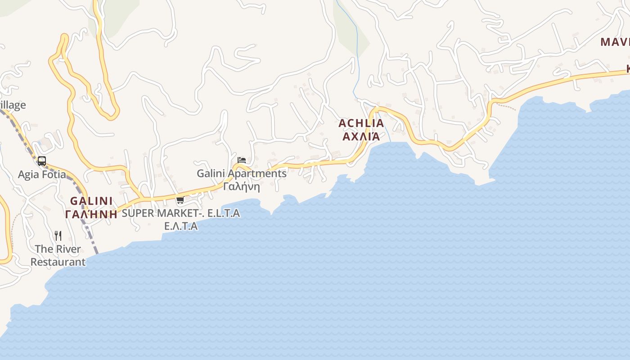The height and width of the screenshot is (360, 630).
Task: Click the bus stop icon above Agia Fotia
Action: coord(42,161)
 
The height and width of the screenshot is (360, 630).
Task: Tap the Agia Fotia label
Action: coord(42,175)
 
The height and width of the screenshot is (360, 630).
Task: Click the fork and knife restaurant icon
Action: coord(58,236)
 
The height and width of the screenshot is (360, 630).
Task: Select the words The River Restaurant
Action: coord(58,255)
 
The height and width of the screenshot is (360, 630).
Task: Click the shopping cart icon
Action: coord(180,200)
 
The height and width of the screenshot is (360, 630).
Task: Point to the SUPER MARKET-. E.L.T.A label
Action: coord(180,213)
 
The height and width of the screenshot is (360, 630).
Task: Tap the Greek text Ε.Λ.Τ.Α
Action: coord(181,226)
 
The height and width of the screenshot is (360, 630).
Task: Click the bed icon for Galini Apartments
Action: coord(242,160)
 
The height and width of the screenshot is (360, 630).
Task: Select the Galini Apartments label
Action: coord(242,173)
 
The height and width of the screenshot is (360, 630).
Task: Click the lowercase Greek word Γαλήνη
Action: coord(242,186)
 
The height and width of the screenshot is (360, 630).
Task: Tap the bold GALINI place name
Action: coord(91,201)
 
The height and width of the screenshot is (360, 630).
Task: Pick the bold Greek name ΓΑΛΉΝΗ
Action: coord(91,214)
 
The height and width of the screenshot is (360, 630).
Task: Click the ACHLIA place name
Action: coord(361,123)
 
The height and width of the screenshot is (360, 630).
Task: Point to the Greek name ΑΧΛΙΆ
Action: coord(361,136)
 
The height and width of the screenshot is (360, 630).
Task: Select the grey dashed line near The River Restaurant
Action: coord(92,238)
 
